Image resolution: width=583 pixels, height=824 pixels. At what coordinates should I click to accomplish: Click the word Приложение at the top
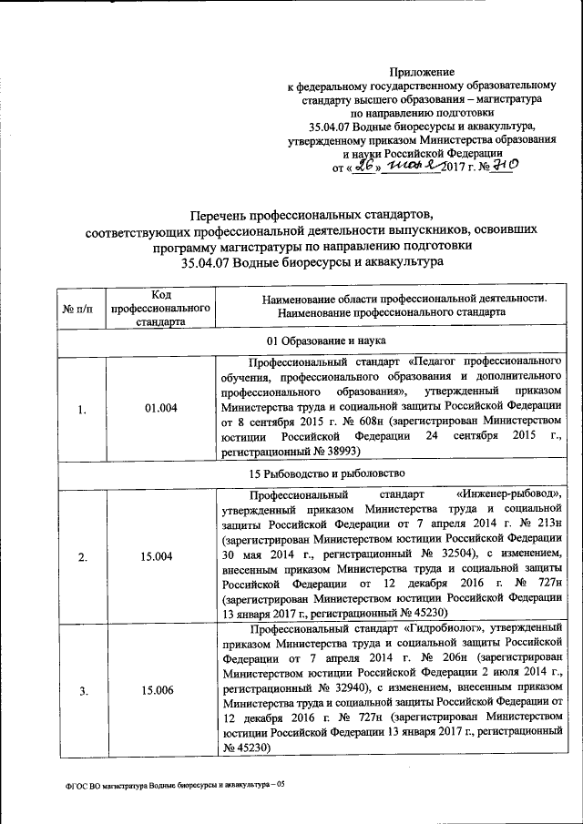[x=421, y=71]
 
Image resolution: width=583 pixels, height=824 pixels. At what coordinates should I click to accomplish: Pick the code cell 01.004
[x=159, y=409]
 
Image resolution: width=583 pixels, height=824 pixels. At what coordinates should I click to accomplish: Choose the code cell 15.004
[x=159, y=557]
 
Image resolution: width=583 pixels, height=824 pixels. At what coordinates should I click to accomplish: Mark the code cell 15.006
[x=159, y=691]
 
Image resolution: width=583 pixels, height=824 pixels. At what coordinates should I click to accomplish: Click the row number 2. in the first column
[x=82, y=557]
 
